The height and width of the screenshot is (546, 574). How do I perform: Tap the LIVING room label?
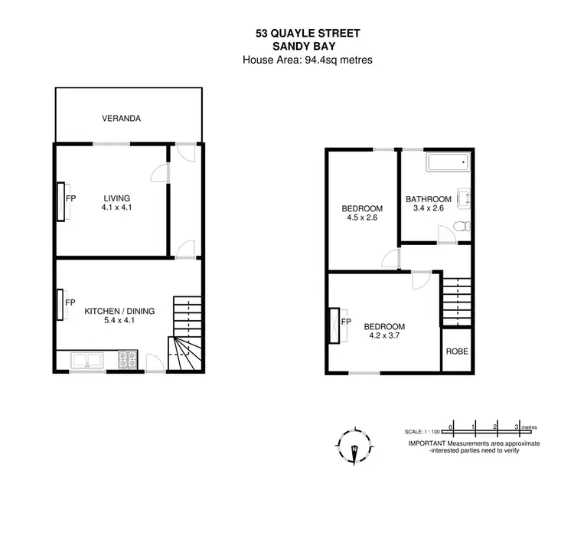(117, 198)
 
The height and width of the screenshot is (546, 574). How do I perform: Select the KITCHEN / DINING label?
(119, 311)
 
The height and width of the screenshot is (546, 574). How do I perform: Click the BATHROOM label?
(429, 199)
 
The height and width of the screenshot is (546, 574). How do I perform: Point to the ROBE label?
(457, 352)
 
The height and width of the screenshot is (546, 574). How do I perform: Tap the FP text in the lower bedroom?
(346, 322)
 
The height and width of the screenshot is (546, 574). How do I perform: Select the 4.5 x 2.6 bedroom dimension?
(362, 218)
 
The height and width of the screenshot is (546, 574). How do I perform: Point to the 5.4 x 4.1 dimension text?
(119, 321)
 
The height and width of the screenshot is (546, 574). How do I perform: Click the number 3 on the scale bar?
(517, 426)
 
